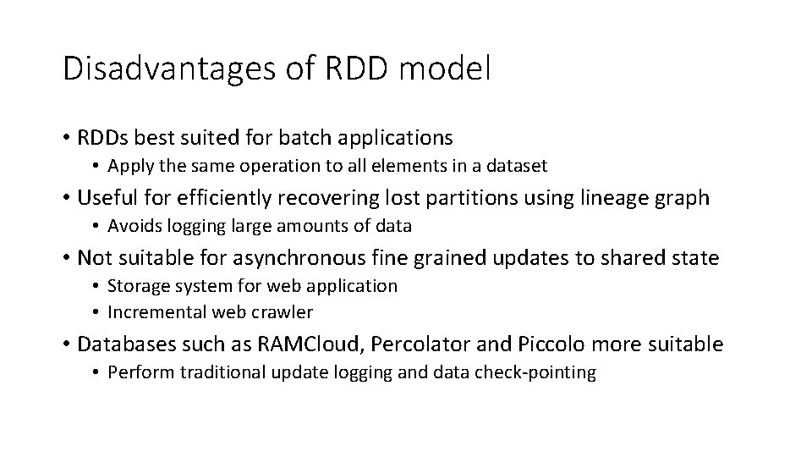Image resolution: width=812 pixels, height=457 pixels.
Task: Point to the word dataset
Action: click(517, 165)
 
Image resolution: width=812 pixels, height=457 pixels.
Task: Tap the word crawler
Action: click(283, 312)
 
